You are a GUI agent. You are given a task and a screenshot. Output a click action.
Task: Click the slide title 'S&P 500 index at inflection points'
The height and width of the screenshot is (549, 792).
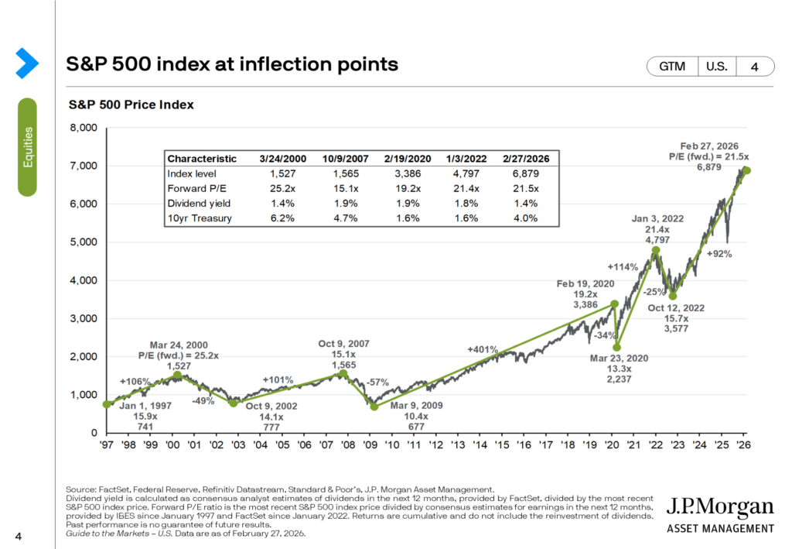(x=233, y=64)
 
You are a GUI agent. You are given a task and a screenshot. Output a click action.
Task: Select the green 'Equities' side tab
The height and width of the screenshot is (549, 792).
(x=28, y=146)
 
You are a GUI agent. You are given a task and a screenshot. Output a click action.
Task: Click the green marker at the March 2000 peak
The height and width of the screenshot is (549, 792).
(x=178, y=375)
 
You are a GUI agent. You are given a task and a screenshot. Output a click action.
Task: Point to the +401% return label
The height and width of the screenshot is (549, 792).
(x=483, y=350)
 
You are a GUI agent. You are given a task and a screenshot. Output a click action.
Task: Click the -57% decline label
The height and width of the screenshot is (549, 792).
(x=378, y=383)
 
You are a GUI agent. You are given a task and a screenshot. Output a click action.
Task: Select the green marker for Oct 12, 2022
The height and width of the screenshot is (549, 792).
(x=673, y=296)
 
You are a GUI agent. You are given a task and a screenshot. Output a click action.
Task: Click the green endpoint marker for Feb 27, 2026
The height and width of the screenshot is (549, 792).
(x=747, y=170)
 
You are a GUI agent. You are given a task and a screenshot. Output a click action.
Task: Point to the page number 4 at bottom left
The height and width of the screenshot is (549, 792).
(x=18, y=534)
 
